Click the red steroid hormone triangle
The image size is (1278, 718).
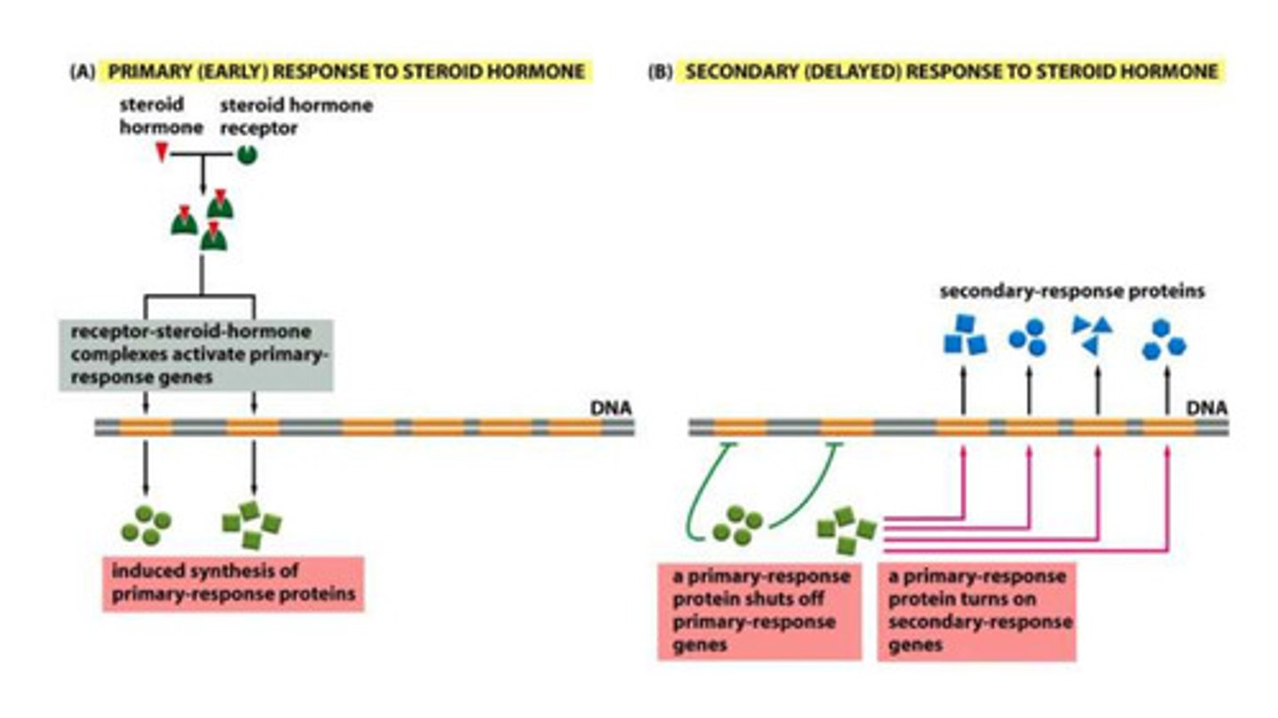point(162,154)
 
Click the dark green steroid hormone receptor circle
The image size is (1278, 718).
point(246,154)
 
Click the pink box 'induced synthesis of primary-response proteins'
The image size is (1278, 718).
point(233,584)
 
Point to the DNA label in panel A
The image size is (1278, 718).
point(611,410)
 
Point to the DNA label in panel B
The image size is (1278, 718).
point(1207,410)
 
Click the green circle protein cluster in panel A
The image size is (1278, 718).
point(146,525)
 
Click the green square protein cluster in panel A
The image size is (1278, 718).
point(251,525)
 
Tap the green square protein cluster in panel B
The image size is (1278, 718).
point(846,527)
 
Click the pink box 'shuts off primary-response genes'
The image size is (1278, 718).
point(759,611)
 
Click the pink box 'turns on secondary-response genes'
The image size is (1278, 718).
point(976,611)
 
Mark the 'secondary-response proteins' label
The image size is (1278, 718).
point(1072,291)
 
